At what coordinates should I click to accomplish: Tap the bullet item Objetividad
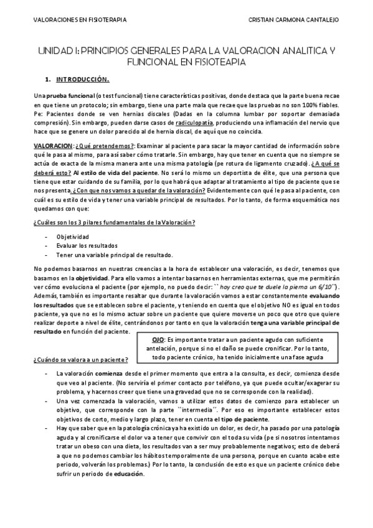click(73, 237)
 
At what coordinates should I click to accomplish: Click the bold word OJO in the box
click(158, 340)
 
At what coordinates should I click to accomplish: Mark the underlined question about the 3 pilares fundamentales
click(115, 223)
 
